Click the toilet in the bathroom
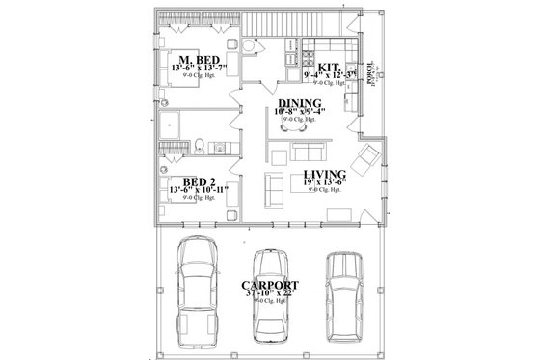pos(196,146)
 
